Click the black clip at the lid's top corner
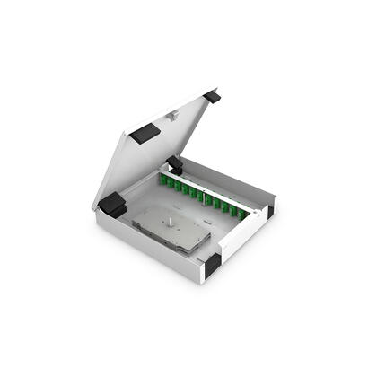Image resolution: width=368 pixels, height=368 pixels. coord(212,96)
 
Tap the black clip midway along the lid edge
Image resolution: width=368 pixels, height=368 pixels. coord(145,133)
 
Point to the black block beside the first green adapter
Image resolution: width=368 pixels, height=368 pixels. coord(175,166)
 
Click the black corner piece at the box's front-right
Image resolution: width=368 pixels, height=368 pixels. coord(212,265)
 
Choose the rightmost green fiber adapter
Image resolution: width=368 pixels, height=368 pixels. coord(253,215)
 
